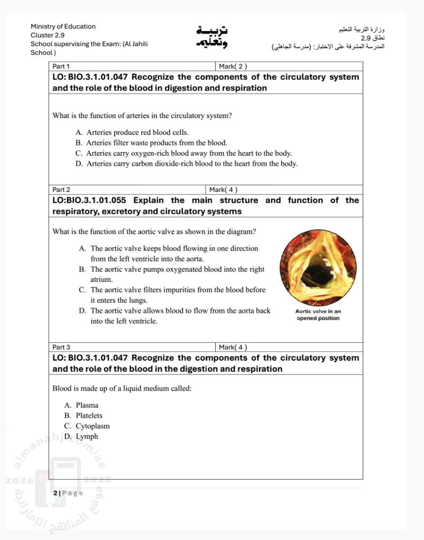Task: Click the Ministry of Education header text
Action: (63, 26)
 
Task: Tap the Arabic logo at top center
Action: (211, 37)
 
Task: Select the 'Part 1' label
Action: (61, 66)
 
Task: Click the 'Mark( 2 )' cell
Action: (233, 66)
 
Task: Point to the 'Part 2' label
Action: (61, 190)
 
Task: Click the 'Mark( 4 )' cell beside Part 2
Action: (224, 190)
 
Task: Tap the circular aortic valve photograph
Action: (318, 268)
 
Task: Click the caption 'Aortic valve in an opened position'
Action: (318, 315)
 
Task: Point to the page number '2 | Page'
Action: (68, 493)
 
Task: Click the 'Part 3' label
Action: (61, 347)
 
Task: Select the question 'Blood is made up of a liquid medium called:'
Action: (122, 389)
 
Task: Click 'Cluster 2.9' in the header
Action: (48, 35)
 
